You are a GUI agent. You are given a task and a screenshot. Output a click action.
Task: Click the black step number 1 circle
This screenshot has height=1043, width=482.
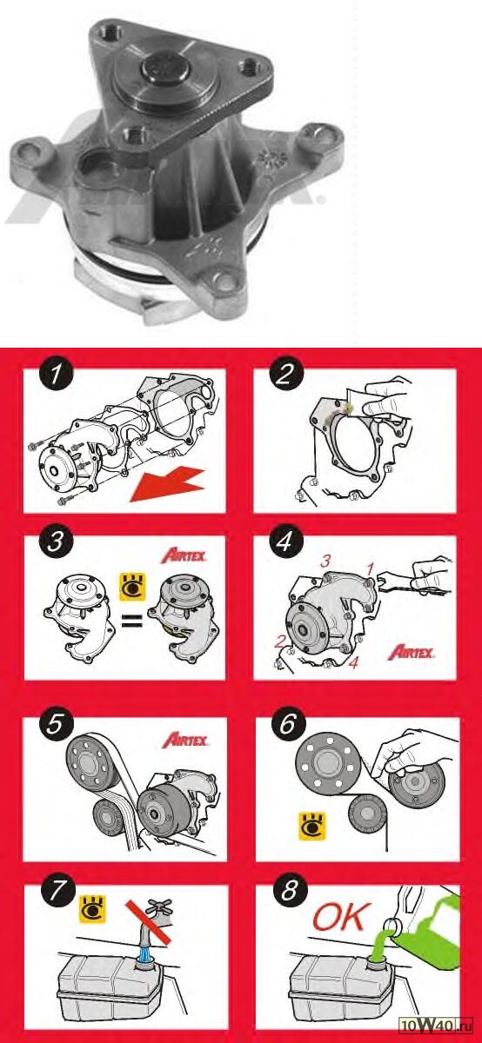(57, 375)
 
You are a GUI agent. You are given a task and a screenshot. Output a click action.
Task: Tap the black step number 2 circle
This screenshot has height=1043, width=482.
(285, 375)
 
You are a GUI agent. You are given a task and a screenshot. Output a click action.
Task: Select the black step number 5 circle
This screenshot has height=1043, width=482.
(55, 725)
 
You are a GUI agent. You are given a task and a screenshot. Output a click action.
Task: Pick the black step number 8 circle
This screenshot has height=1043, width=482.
(289, 891)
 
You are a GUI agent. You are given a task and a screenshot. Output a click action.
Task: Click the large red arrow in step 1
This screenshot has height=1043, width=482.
(167, 485)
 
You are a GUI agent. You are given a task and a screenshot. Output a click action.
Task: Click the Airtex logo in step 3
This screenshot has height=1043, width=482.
(184, 555)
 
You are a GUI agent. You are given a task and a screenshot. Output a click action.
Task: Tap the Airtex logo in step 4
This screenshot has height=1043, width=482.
(412, 653)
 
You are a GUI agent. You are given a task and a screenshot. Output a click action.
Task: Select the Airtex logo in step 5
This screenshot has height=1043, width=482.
(185, 741)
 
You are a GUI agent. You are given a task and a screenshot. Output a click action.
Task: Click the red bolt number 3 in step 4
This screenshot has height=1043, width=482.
(325, 561)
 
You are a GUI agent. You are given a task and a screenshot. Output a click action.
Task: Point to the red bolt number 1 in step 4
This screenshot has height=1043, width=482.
(371, 568)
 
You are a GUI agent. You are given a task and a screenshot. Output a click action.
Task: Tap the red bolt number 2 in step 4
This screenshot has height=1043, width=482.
(279, 642)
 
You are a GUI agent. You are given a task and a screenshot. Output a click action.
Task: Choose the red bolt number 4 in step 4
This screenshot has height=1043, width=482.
(354, 662)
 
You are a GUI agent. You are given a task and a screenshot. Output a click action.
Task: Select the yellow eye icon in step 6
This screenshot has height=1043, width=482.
(311, 827)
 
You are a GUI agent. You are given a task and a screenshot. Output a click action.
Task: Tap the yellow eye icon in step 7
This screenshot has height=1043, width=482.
(93, 908)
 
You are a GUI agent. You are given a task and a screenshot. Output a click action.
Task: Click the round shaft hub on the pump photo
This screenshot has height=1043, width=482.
(166, 69)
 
